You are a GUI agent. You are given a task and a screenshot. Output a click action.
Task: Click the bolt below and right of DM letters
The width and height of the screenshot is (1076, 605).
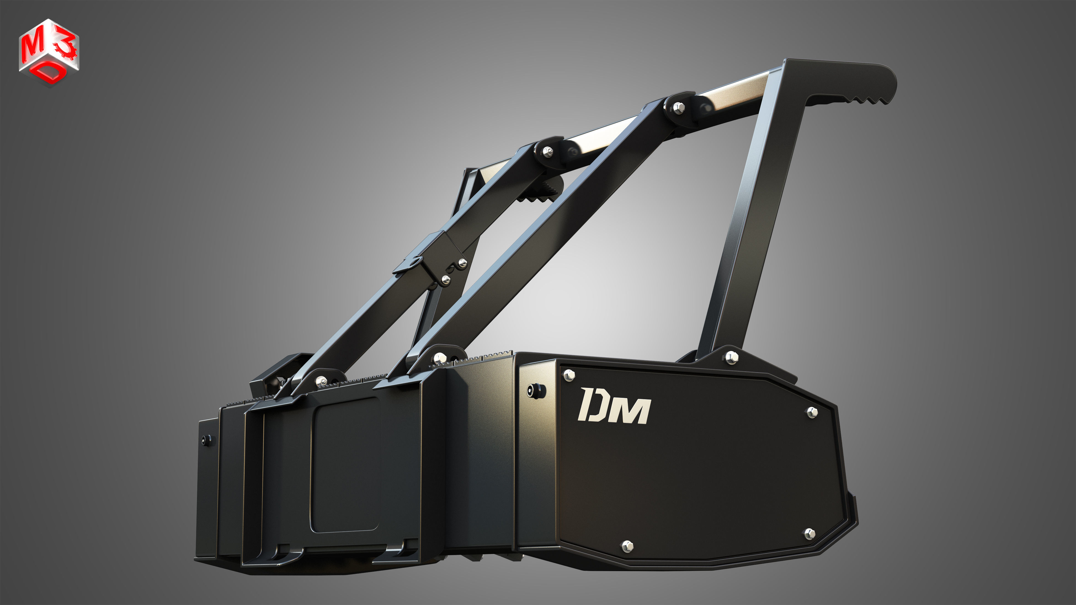pyautogui.click(x=812, y=412)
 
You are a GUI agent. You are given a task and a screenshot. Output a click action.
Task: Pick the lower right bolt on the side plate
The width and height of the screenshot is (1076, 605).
pyautogui.click(x=809, y=533)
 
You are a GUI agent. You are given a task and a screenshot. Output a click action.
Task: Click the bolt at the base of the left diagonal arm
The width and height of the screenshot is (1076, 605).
pyautogui.click(x=321, y=381)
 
